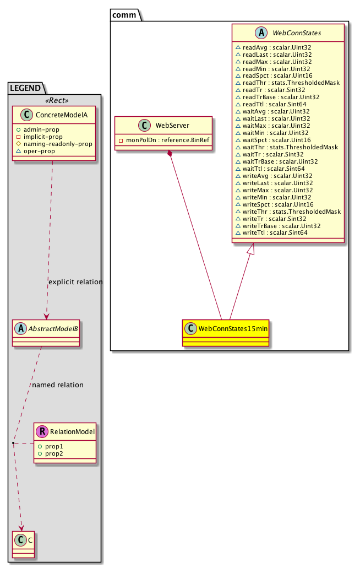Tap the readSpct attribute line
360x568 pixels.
click(x=273, y=76)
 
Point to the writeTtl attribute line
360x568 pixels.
click(x=271, y=233)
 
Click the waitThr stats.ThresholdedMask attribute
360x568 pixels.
click(x=286, y=148)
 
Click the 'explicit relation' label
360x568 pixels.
click(x=75, y=282)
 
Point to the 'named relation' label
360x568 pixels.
click(x=58, y=385)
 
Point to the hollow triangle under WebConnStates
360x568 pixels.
click(x=250, y=249)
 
